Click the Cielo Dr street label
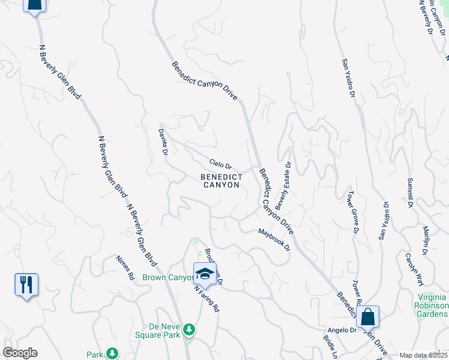pyautogui.click(x=220, y=164)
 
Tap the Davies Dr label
pyautogui.click(x=163, y=142)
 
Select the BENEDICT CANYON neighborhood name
pyautogui.click(x=221, y=181)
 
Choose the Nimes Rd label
pyautogui.click(x=125, y=268)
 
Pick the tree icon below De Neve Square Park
pyautogui.click(x=190, y=330)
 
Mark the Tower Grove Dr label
pyautogui.click(x=352, y=212)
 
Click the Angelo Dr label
pyautogui.click(x=342, y=330)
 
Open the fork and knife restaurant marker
pyautogui.click(x=26, y=284)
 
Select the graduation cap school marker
pyautogui.click(x=205, y=274)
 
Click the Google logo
pyautogui.click(x=20, y=353)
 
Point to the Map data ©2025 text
pyautogui.click(x=423, y=355)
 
